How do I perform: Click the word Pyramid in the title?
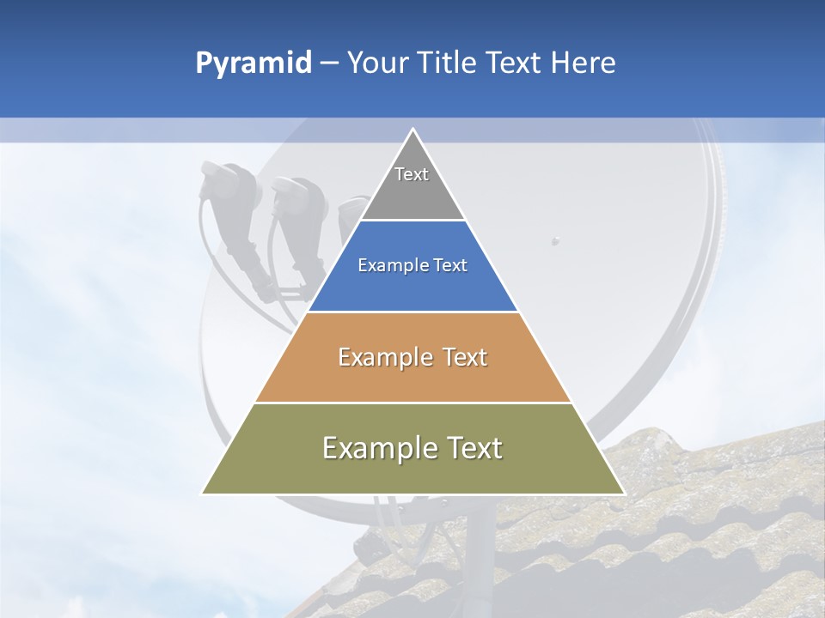254,64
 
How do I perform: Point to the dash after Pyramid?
328,64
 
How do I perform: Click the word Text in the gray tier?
412,174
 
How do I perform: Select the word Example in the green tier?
370,448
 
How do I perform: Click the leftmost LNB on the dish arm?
225,185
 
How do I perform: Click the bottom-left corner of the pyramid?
203,494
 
